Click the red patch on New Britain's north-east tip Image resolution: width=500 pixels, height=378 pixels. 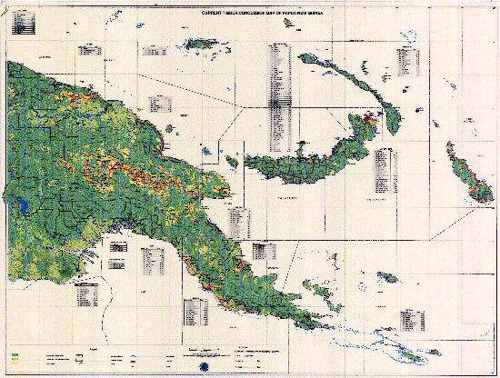click(x=369, y=119)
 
